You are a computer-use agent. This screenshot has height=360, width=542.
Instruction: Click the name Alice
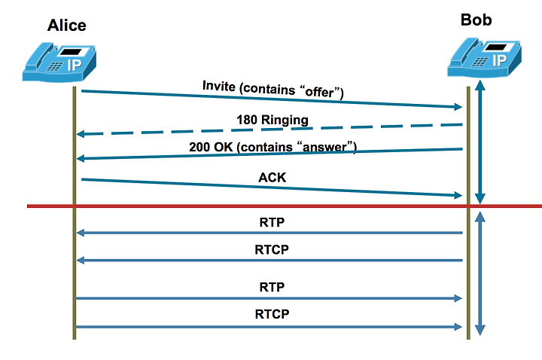(x=67, y=26)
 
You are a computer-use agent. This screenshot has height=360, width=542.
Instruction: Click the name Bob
(x=476, y=20)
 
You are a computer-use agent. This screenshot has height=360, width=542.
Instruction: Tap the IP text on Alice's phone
(x=75, y=65)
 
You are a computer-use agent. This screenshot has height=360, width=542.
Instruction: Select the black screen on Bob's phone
(x=495, y=47)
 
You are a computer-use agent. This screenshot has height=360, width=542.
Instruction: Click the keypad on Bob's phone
(x=480, y=62)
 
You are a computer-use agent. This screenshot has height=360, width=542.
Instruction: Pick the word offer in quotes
(x=319, y=92)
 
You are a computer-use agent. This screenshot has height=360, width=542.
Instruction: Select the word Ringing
(x=285, y=120)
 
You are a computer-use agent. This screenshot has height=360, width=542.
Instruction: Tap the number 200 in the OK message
(x=199, y=147)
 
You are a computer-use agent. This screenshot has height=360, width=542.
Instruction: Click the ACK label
(x=272, y=178)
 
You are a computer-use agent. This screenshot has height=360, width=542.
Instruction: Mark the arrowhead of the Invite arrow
(x=458, y=106)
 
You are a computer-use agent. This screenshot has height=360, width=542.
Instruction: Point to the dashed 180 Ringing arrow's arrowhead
(x=81, y=134)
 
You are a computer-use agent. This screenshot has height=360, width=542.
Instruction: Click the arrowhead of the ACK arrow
(x=458, y=195)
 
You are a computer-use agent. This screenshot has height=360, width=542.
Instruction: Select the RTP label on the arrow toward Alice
(x=272, y=222)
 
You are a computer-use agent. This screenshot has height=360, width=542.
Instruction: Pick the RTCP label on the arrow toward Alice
(x=272, y=249)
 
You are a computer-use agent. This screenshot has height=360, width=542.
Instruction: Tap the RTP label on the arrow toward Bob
(x=272, y=287)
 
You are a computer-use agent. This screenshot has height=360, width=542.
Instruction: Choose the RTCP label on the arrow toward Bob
(x=272, y=314)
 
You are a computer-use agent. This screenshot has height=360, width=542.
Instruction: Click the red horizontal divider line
(x=285, y=206)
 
